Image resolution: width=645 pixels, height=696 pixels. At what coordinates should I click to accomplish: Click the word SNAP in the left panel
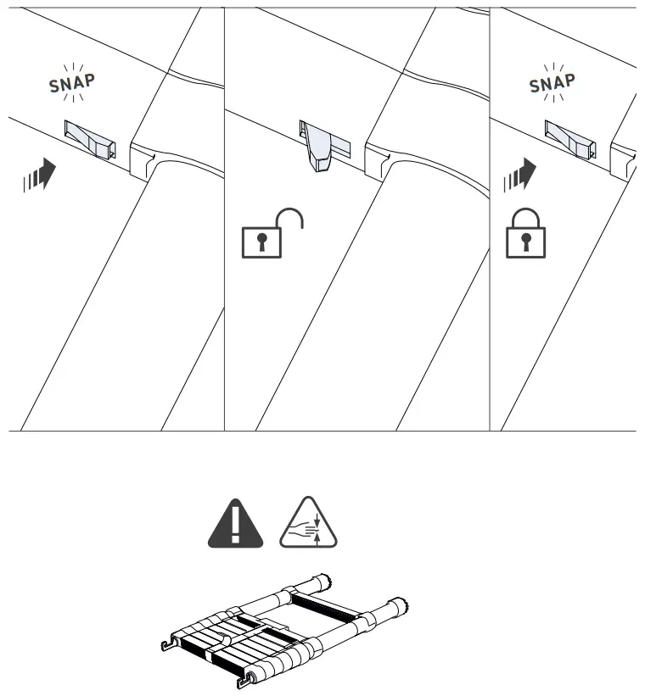coord(72,81)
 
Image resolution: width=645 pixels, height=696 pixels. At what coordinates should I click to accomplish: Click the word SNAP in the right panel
coord(552,82)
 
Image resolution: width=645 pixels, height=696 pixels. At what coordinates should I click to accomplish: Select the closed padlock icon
coord(526,233)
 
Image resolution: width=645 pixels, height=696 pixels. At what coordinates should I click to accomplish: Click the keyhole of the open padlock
coord(262,242)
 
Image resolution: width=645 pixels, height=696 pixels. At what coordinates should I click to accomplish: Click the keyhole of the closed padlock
coord(526,243)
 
